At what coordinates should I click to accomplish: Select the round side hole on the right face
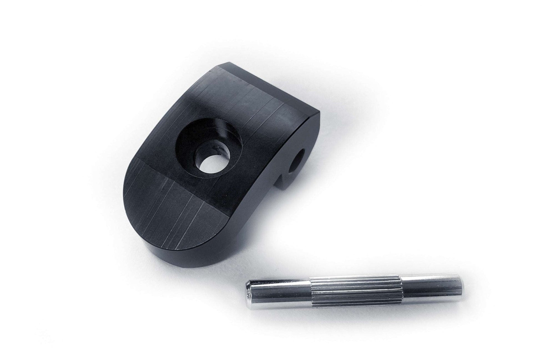pyautogui.click(x=297, y=160)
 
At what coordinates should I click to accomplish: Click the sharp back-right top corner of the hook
pyautogui.click(x=319, y=113)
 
